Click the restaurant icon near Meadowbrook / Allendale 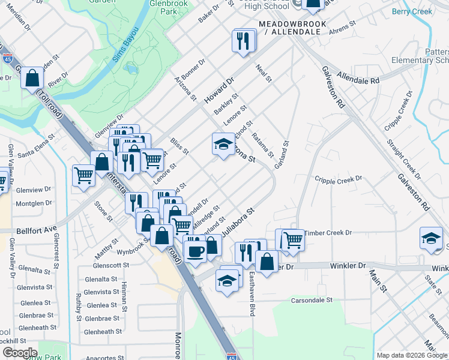pyautogui.click(x=244, y=41)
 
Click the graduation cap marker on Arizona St pyautogui.click(x=223, y=144)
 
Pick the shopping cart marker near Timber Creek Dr pyautogui.click(x=293, y=239)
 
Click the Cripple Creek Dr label pyautogui.click(x=339, y=179)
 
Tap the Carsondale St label pyautogui.click(x=312, y=299)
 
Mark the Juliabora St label pyautogui.click(x=235, y=222)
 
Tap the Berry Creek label pyautogui.click(x=412, y=11)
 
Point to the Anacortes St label pyautogui.click(x=104, y=358)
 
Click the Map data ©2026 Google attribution pyautogui.click(x=412, y=355)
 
